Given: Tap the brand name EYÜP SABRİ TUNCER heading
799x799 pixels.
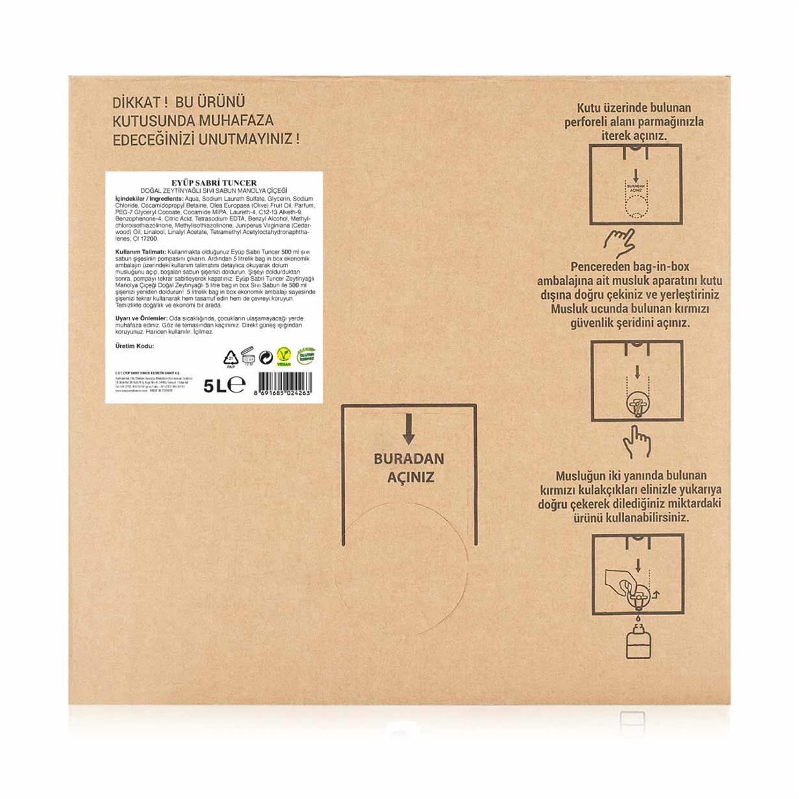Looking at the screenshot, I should [x=214, y=183].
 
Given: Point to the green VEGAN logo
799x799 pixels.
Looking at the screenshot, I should [x=284, y=356].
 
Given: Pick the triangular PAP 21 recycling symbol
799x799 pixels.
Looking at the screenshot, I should [x=231, y=357].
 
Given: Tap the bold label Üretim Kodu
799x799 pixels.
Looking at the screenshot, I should [x=134, y=346].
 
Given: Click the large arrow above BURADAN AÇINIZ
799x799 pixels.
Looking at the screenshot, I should [x=409, y=429].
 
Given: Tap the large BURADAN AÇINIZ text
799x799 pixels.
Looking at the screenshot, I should [x=409, y=468].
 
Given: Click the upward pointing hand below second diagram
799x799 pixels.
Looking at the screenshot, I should [x=636, y=442].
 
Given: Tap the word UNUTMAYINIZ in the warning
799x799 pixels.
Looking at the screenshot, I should [x=257, y=139].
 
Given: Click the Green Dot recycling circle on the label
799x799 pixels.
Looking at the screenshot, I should [x=265, y=357].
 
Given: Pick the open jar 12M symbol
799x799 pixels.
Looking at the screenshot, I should [x=247, y=355].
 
